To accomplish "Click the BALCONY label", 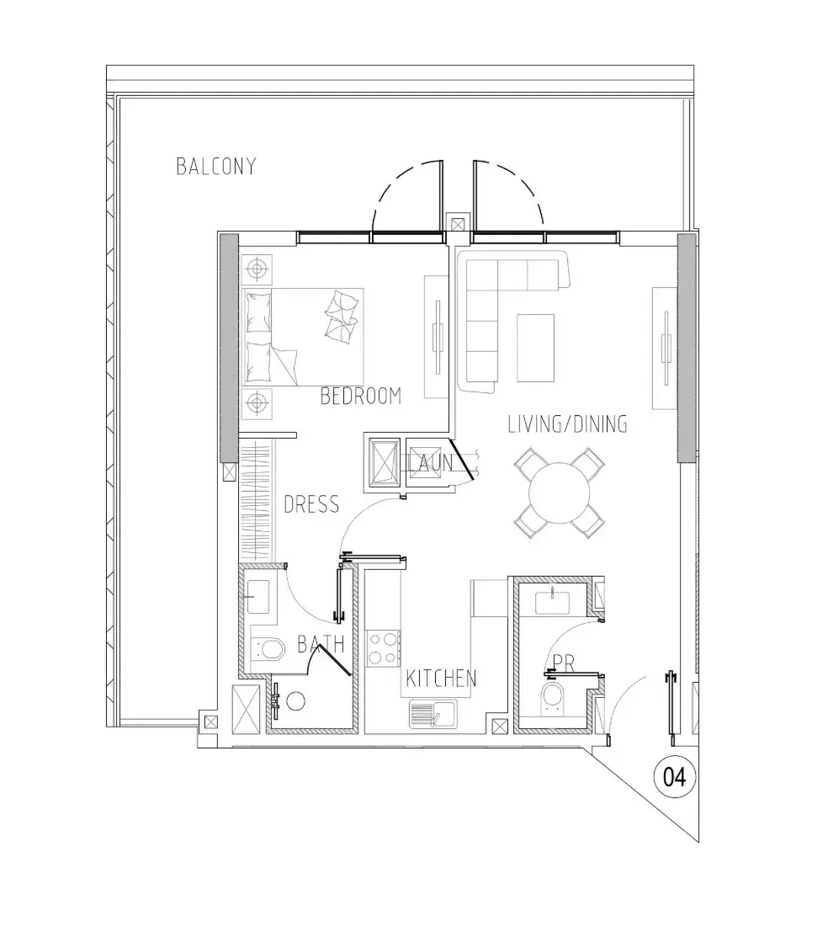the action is coord(216,166).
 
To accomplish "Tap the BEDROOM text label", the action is coord(360,396).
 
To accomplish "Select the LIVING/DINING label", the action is coord(567,424).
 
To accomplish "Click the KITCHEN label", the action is coord(441,679).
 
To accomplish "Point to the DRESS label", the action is coord(311,504).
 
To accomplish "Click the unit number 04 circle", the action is coord(674,777).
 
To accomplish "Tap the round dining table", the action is coord(559,493).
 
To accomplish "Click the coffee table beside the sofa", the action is coord(535,348).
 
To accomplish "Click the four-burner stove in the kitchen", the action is coord(383,648).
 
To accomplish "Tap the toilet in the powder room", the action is coord(552,700).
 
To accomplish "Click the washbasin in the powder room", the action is coord(553,602).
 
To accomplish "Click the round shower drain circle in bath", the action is coord(295,701).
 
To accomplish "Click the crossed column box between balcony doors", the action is coord(458,225).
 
